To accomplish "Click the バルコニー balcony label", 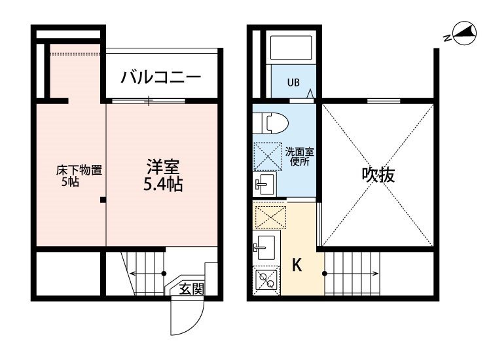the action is point(161,77).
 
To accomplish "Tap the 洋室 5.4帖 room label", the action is point(163,175).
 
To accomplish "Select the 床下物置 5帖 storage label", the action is point(79,176).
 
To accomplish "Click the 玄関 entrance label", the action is point(191,288).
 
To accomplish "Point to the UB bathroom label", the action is point(293,82).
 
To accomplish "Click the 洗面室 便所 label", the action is point(299,156).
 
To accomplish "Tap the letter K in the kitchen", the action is point(297,265).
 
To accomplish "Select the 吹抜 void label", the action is point(378,175).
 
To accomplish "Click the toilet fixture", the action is point(270,123).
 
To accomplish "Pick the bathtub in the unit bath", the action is point(291,48).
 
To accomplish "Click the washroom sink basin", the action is point(264,184).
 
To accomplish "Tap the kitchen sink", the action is point(266,247).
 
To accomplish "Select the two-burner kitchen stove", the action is point(266,280).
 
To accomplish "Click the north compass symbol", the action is point(463,33).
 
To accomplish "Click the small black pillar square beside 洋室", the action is point(103,200).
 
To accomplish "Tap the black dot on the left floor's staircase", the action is point(164,274).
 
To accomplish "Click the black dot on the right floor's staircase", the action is point(325,274).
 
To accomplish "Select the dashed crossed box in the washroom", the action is point(268,156).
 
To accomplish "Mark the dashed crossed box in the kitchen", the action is point(270,217).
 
